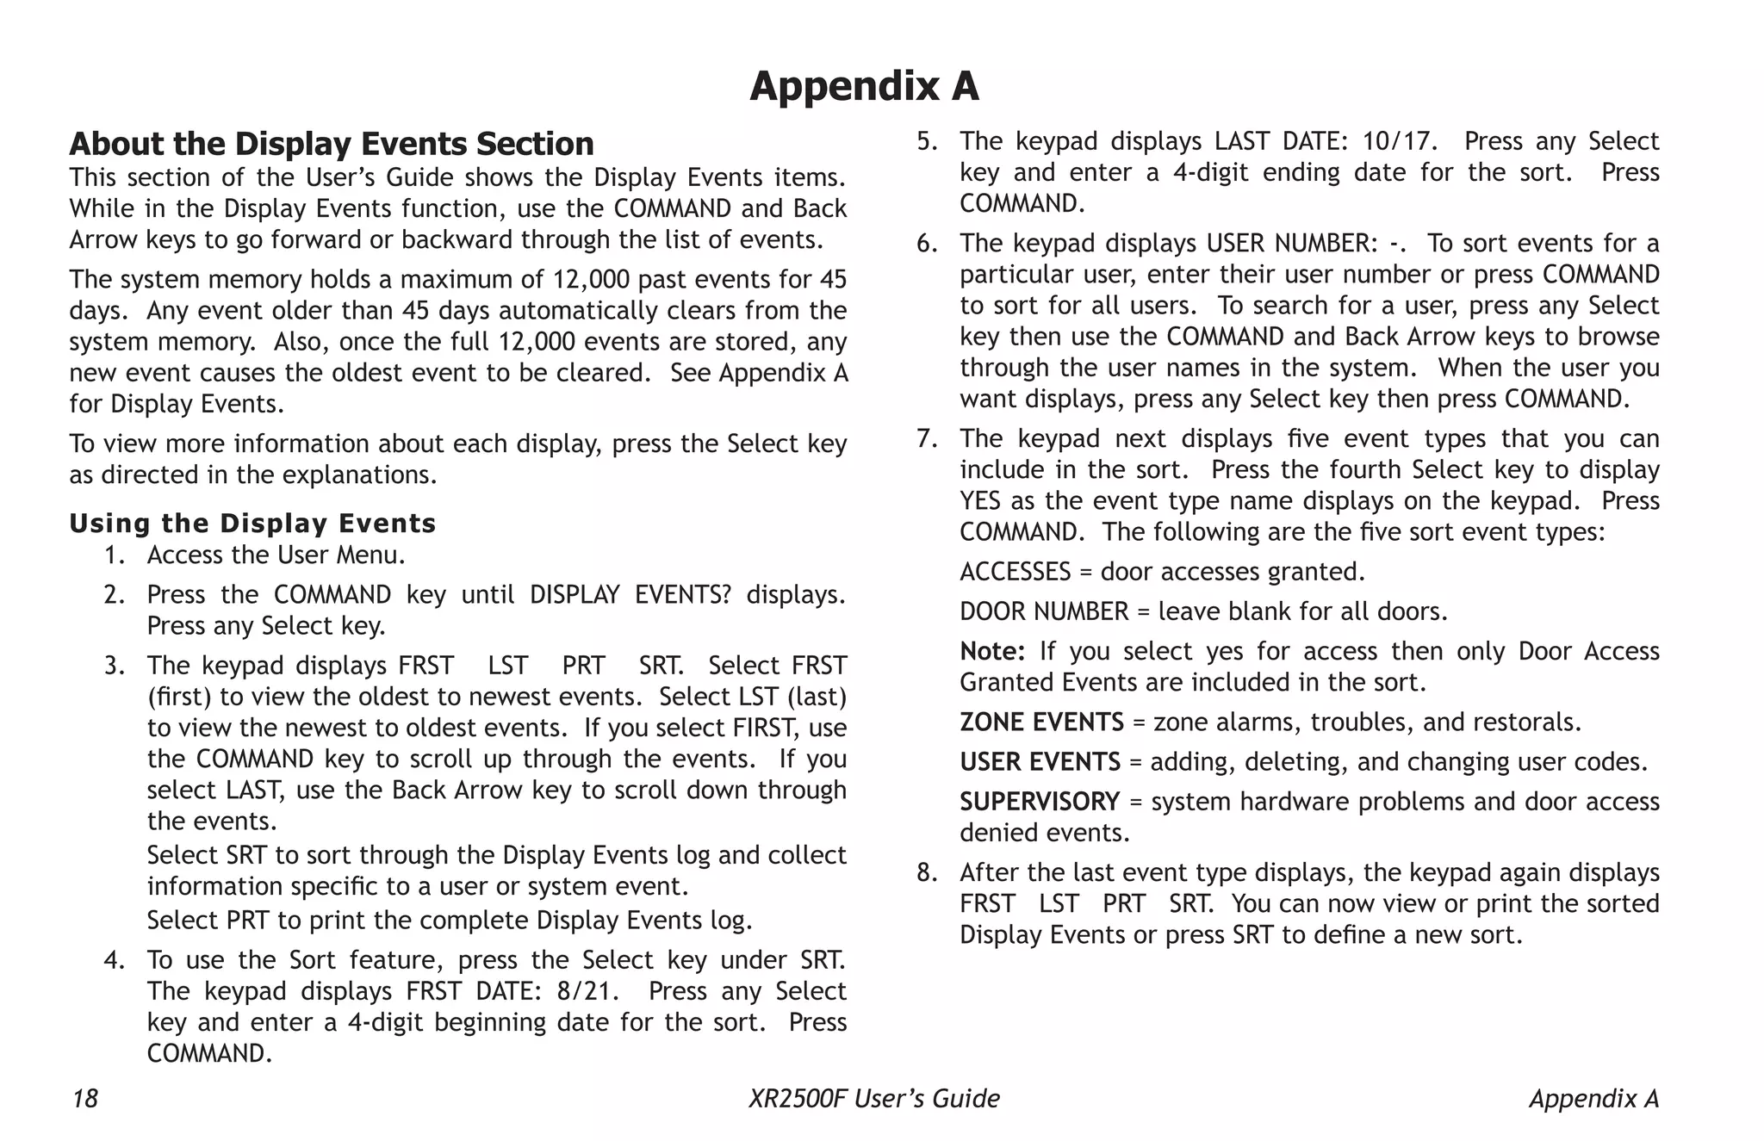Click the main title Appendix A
[x=864, y=86]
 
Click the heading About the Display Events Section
[x=332, y=144]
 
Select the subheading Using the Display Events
[x=252, y=523]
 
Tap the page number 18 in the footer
[x=84, y=1099]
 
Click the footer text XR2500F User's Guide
[x=873, y=1099]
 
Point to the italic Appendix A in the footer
[x=1593, y=1099]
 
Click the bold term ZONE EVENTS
[x=1041, y=722]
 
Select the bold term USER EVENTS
[x=1040, y=762]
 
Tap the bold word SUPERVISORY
[x=1039, y=802]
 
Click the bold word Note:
[x=991, y=651]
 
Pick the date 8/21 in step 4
[x=587, y=991]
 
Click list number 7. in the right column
[x=926, y=439]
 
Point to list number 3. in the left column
[x=115, y=666]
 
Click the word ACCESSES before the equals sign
[x=1015, y=572]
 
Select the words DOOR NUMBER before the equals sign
[x=1043, y=611]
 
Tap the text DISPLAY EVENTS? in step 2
[x=630, y=595]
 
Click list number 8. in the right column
[x=926, y=873]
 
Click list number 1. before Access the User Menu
[x=115, y=555]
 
